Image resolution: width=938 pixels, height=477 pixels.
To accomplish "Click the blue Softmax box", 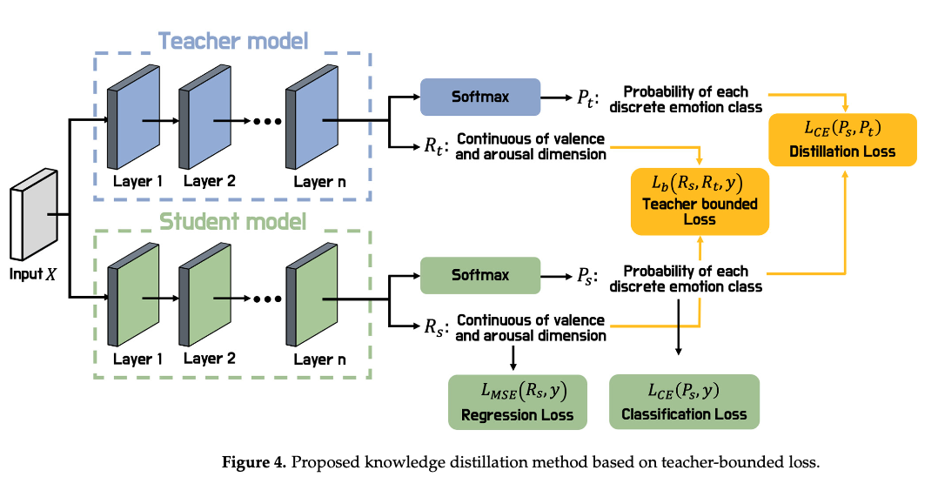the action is tap(480, 97).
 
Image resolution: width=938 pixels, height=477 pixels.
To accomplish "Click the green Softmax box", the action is tap(480, 275).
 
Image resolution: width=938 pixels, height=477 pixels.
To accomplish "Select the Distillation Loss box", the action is tap(842, 139).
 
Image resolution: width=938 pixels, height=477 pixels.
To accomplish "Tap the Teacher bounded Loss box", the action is tap(700, 202).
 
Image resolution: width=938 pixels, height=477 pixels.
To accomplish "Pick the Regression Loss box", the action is tap(518, 402).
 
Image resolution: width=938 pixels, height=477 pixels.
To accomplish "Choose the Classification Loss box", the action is tap(684, 401).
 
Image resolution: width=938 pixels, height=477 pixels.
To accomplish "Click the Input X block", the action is tap(34, 215).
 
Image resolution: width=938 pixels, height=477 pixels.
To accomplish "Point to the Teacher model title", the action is tap(233, 41).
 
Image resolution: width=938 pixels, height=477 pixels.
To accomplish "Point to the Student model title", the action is tap(232, 221).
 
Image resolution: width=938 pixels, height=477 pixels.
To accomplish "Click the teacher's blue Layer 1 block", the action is tap(133, 118).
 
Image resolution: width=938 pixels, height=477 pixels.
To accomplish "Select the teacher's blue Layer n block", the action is tap(312, 118).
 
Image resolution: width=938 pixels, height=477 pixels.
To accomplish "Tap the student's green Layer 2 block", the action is tap(204, 295).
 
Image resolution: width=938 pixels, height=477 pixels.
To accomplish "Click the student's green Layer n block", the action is tap(312, 295).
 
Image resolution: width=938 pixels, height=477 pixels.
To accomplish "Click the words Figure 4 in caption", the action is tap(254, 462).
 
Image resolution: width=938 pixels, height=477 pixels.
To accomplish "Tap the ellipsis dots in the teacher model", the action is tap(267, 122).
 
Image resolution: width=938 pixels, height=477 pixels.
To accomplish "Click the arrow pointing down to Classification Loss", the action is tap(679, 326).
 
